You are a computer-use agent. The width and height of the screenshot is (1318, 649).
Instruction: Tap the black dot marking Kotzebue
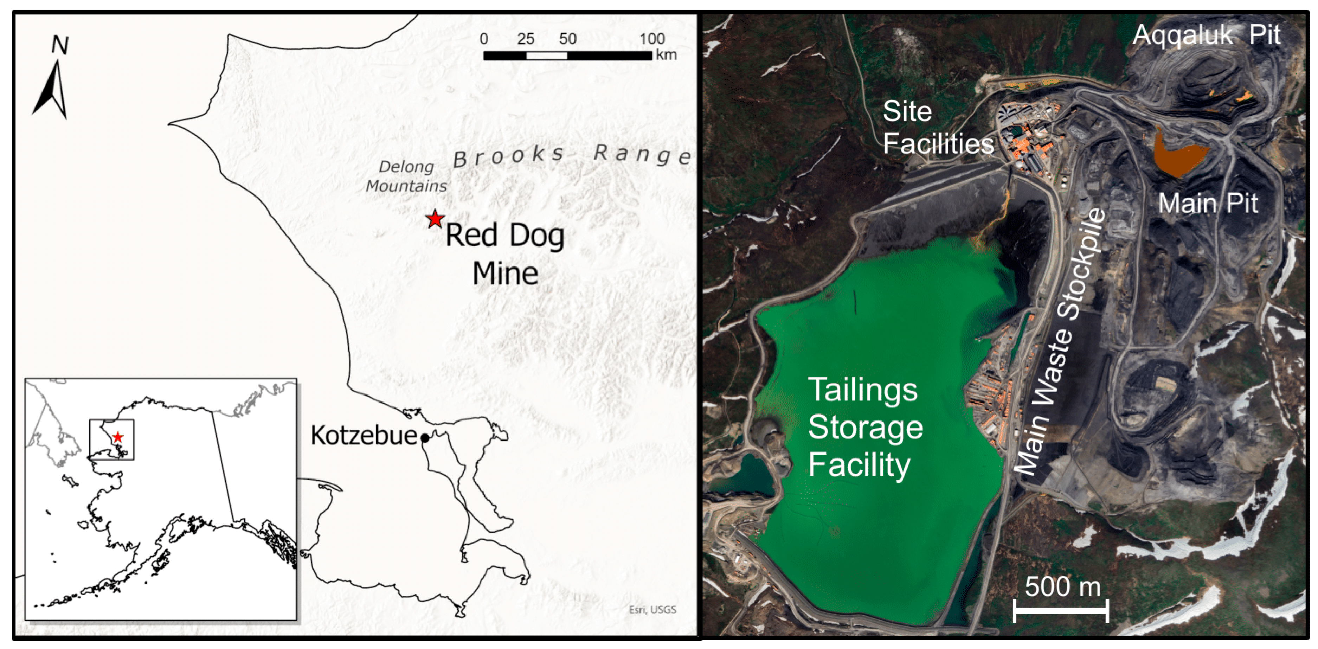(425, 438)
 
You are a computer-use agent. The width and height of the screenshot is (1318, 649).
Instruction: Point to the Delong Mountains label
(407, 176)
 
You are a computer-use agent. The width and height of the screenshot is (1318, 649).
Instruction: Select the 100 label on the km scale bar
(651, 39)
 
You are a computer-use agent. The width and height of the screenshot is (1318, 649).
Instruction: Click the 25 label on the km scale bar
(526, 39)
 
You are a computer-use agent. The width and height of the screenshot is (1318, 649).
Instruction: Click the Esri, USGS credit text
(652, 609)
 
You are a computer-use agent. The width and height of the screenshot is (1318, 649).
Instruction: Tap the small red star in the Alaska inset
(118, 437)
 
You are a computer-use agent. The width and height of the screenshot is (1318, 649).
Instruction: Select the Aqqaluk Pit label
(1206, 35)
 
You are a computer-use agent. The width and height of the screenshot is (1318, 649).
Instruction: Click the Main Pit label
(1208, 204)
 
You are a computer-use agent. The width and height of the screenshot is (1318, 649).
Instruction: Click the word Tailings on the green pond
(863, 390)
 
